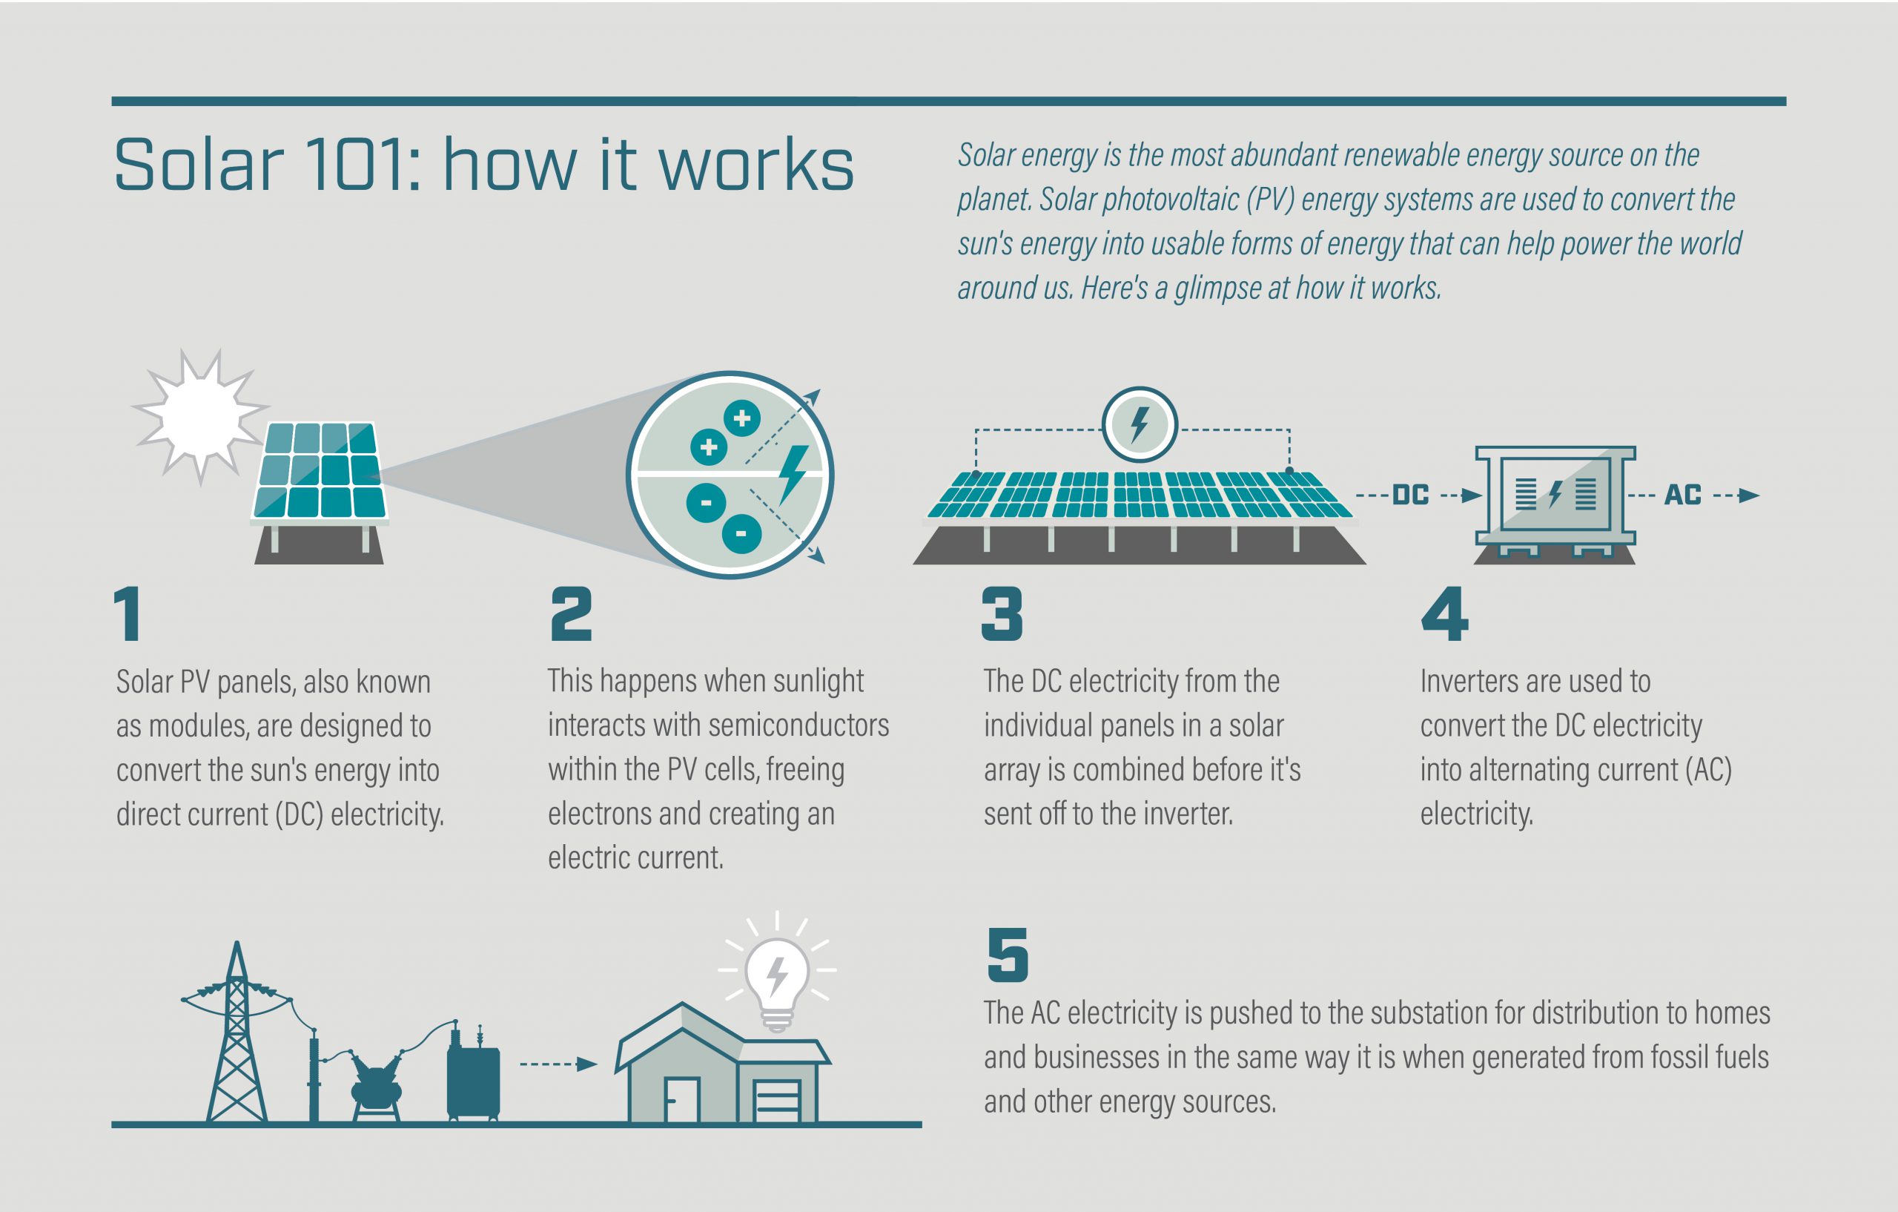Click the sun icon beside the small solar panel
pyautogui.click(x=200, y=416)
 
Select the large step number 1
pyautogui.click(x=128, y=613)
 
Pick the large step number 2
pyautogui.click(x=571, y=613)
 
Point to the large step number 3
pyautogui.click(x=1002, y=613)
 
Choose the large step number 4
pyautogui.click(x=1444, y=613)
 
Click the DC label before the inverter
pyautogui.click(x=1411, y=495)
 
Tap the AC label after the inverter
pyautogui.click(x=1682, y=495)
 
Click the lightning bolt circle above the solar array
pyautogui.click(x=1139, y=424)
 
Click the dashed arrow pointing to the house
pyautogui.click(x=558, y=1064)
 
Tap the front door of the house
pyautogui.click(x=682, y=1099)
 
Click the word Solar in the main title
pyautogui.click(x=199, y=165)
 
